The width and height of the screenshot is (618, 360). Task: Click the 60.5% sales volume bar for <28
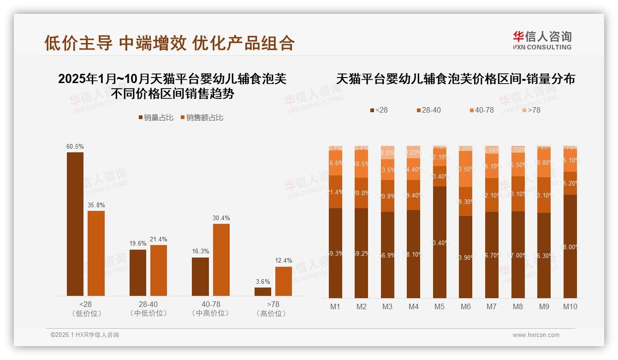click(75, 224)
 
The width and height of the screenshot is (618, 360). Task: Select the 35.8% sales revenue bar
click(96, 253)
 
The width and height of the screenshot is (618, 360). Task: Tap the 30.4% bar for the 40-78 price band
click(221, 260)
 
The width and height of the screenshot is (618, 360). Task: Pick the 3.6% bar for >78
click(263, 292)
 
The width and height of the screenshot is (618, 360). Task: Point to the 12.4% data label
click(284, 261)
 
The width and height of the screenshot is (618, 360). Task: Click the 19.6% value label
click(138, 243)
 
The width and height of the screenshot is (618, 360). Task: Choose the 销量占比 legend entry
click(156, 118)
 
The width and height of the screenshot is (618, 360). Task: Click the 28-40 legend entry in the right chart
click(428, 110)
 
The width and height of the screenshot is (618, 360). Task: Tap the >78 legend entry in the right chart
click(531, 110)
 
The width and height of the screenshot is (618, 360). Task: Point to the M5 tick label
click(440, 306)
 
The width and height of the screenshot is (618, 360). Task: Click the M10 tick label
click(570, 306)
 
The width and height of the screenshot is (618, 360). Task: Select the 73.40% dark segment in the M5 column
click(440, 242)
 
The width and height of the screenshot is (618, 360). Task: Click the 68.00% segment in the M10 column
click(570, 246)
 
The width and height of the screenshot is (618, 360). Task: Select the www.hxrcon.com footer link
click(536, 335)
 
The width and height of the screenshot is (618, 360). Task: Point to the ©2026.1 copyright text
click(85, 335)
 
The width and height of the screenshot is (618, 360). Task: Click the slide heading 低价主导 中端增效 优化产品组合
click(169, 43)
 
